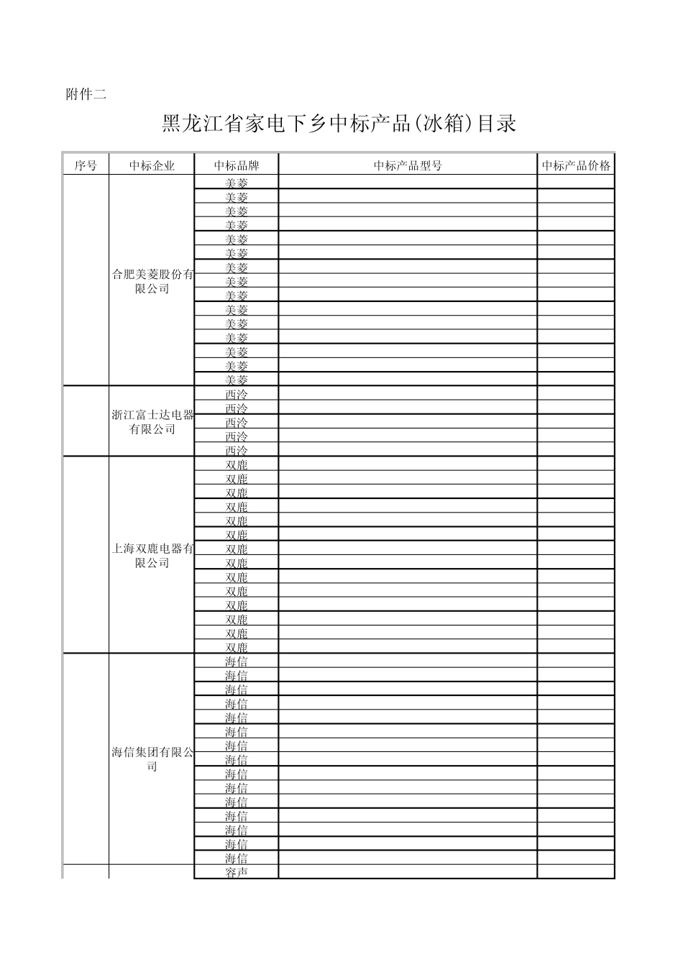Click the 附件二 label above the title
(x=86, y=94)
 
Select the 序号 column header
(x=86, y=165)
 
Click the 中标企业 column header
(x=152, y=165)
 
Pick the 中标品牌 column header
(x=236, y=165)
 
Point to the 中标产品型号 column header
(x=407, y=165)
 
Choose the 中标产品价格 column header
(x=576, y=165)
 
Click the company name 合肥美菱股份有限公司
(x=152, y=281)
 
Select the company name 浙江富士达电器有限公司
(x=152, y=422)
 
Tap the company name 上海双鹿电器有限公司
(x=152, y=556)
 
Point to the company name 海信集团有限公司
(x=152, y=759)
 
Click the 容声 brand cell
(x=236, y=872)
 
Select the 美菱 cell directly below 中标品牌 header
(x=236, y=183)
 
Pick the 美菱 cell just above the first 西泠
(x=236, y=380)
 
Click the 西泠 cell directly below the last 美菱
(x=236, y=394)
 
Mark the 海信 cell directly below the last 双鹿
(x=236, y=661)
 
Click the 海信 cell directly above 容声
(x=236, y=858)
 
